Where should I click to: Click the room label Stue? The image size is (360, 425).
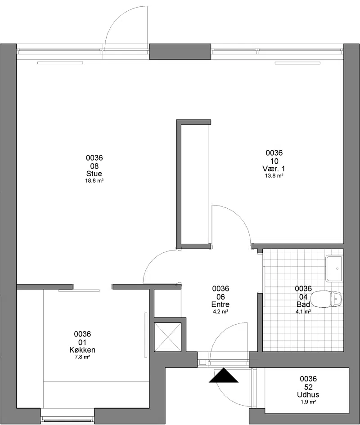(x=94, y=174)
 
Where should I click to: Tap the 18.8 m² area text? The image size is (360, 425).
(x=94, y=181)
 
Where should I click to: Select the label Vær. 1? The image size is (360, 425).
(x=274, y=169)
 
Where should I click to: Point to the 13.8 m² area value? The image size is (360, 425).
(x=274, y=176)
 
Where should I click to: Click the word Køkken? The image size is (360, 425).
(x=82, y=350)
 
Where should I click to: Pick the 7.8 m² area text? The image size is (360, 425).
(x=82, y=357)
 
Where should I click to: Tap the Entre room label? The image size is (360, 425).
(x=220, y=304)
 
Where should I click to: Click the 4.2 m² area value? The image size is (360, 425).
(x=220, y=311)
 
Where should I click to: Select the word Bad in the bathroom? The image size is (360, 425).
(x=303, y=304)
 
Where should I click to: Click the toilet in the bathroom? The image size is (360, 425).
(x=326, y=299)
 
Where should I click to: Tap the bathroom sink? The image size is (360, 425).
(x=334, y=268)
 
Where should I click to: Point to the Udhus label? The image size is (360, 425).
(x=308, y=395)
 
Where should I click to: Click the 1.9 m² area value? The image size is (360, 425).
(x=308, y=402)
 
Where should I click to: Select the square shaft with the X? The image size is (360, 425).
(x=168, y=337)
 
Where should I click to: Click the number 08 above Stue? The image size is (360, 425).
(x=94, y=166)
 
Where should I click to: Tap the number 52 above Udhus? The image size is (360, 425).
(x=308, y=387)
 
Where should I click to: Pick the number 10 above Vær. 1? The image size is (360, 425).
(x=274, y=161)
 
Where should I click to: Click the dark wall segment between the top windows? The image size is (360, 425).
(x=180, y=52)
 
